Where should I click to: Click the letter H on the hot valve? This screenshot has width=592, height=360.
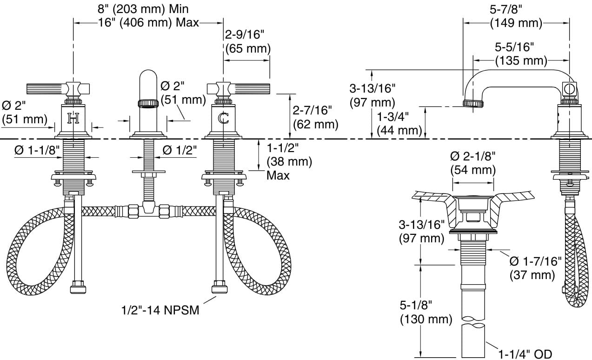pyautogui.click(x=73, y=119)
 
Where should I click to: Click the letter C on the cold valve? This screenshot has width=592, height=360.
pyautogui.click(x=224, y=119)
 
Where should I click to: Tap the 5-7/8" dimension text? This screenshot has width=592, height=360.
pyautogui.click(x=516, y=9)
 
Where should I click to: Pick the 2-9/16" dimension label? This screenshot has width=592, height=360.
pyautogui.click(x=245, y=35)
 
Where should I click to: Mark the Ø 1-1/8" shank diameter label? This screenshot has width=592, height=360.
pyautogui.click(x=37, y=150)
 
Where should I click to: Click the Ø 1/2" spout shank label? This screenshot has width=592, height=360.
pyautogui.click(x=180, y=150)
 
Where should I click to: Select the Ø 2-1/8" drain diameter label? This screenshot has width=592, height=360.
pyautogui.click(x=473, y=156)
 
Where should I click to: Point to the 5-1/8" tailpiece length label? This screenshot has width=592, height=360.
pyautogui.click(x=416, y=306)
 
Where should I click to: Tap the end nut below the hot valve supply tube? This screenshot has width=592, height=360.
pyautogui.click(x=78, y=287)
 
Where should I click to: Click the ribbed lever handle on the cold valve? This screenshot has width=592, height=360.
pyautogui.click(x=251, y=88)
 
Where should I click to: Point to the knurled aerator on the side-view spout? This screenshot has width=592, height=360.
pyautogui.click(x=472, y=103)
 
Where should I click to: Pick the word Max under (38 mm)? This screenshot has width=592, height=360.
pyautogui.click(x=278, y=175)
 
